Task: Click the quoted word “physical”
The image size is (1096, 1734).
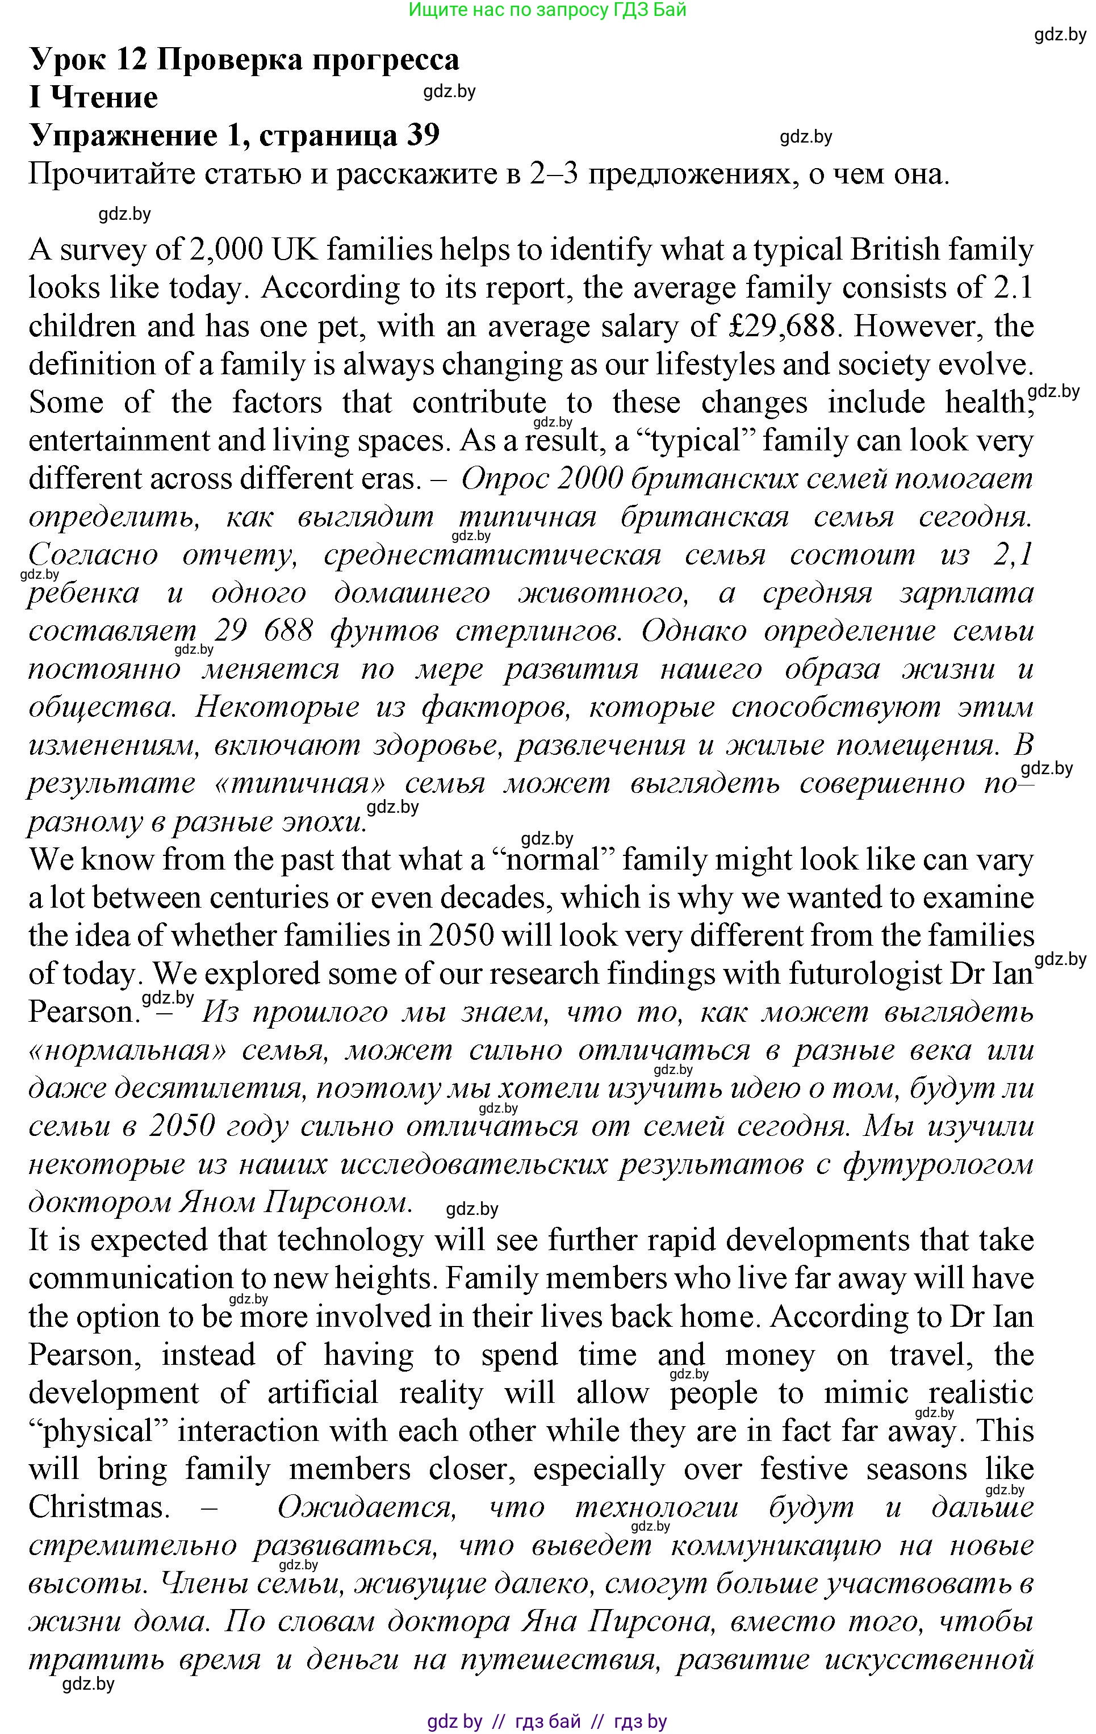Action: (97, 1430)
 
